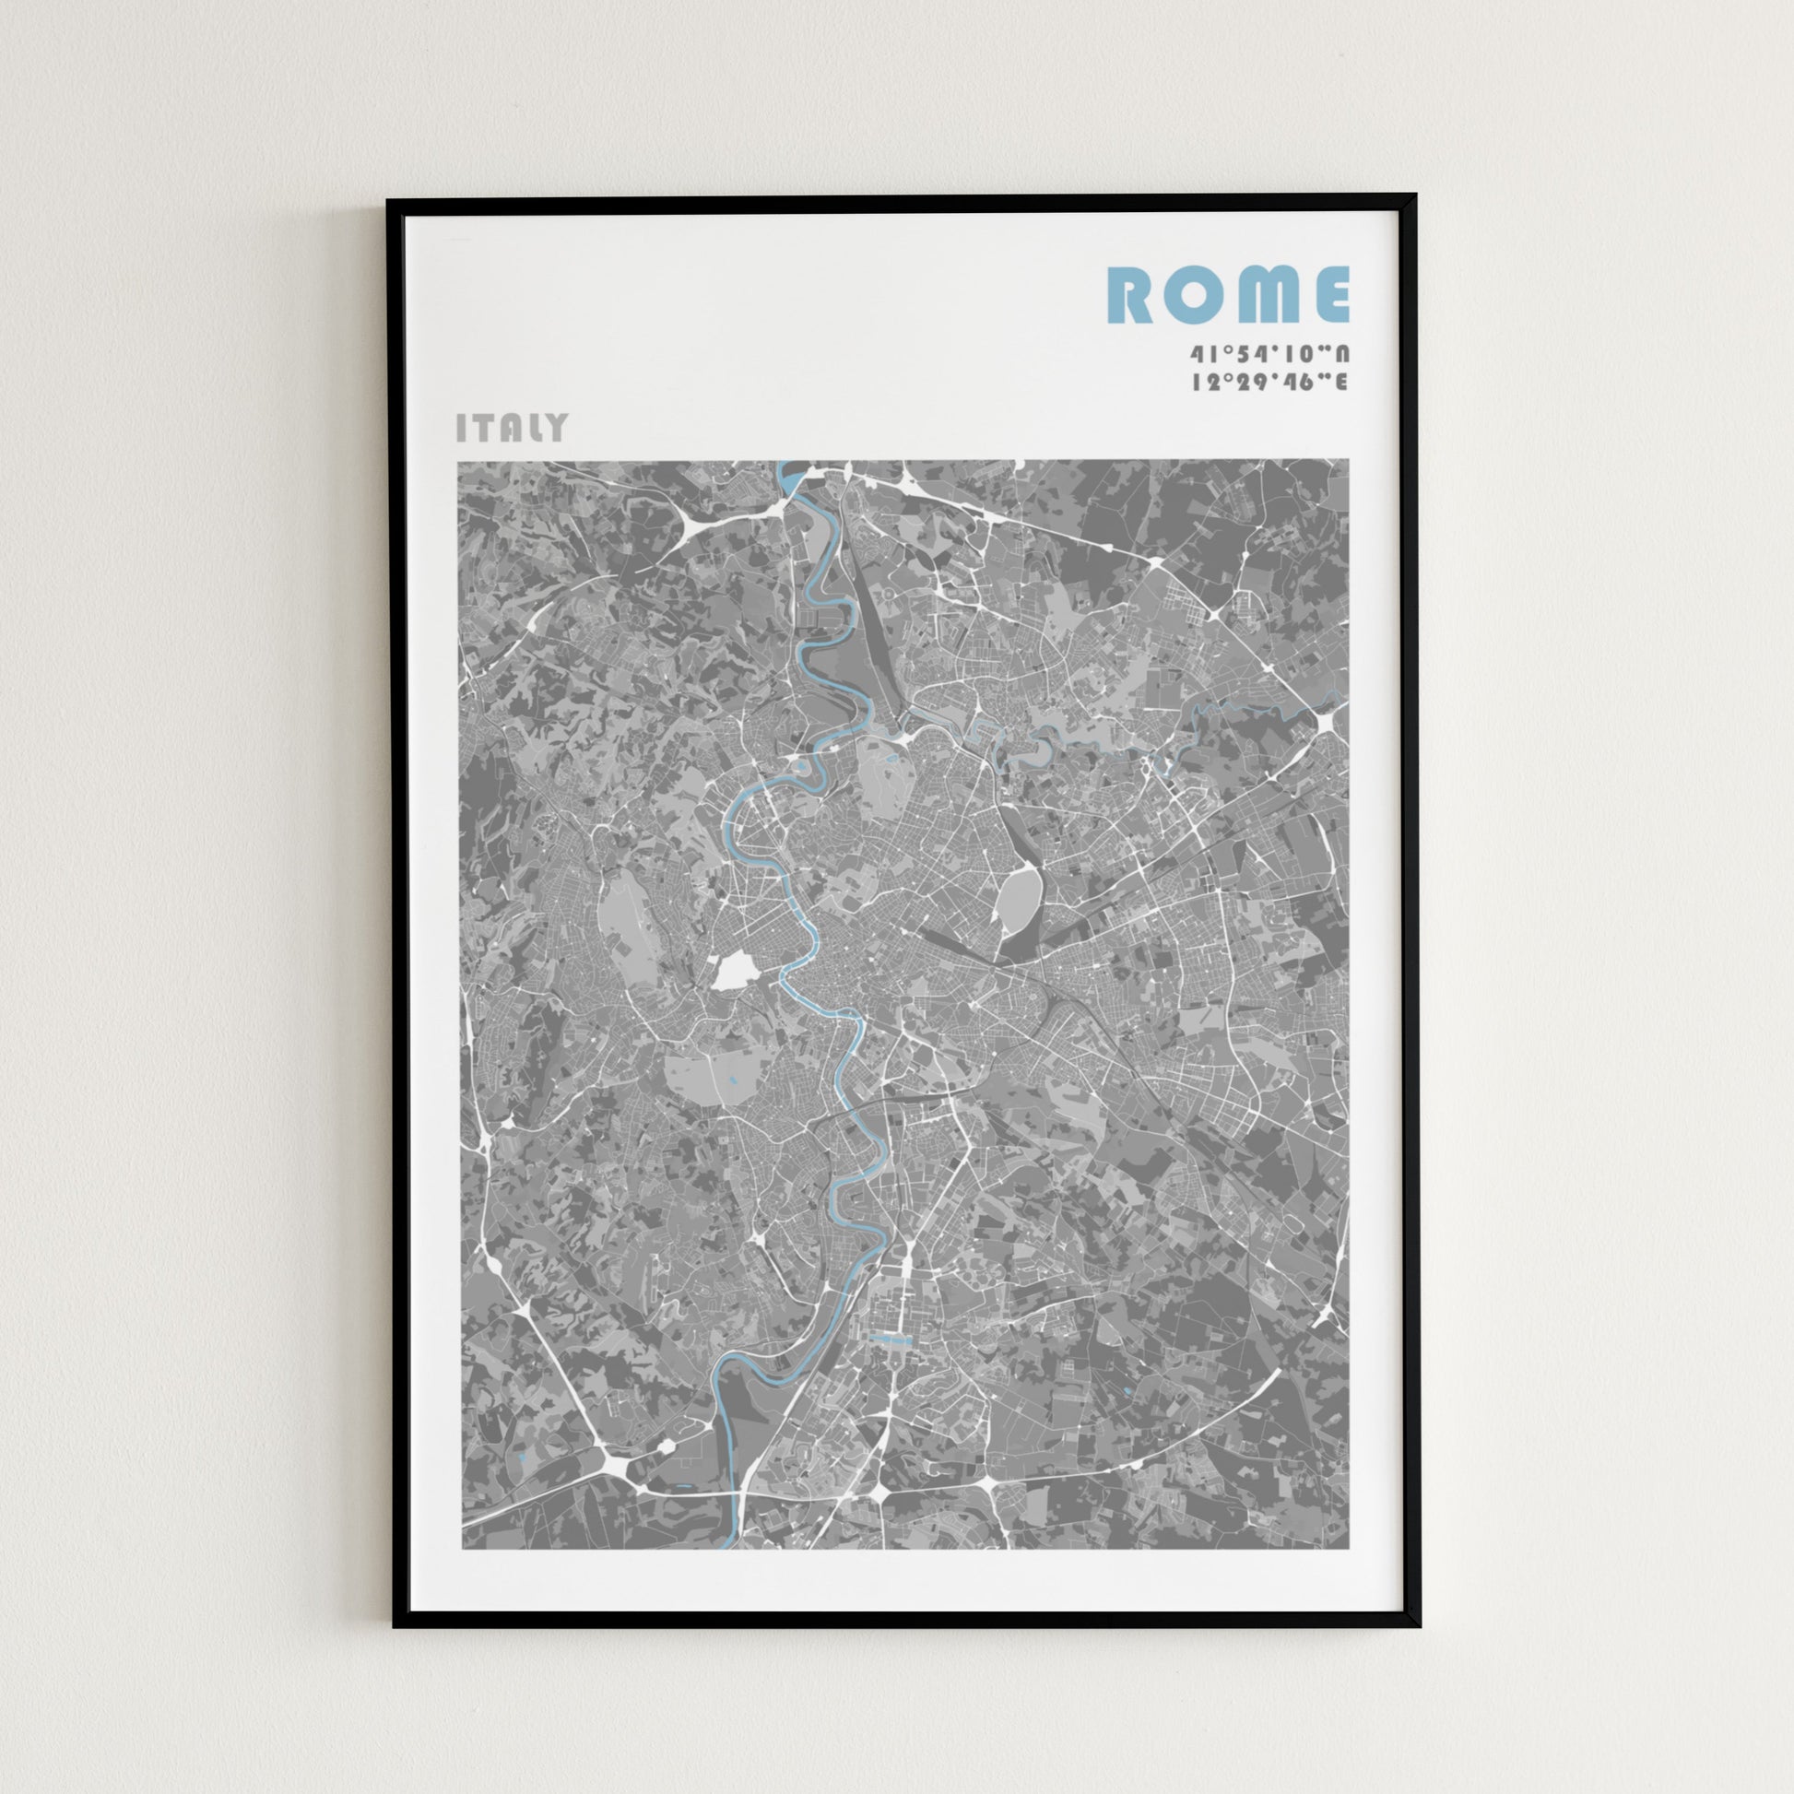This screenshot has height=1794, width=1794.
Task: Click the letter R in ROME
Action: click(1131, 294)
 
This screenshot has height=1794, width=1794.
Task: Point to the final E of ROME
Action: click(1330, 294)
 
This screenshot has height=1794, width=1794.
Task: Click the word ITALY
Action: click(512, 427)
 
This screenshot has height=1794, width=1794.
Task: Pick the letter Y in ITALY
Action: click(555, 427)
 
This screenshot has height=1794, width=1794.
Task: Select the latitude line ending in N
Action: click(1270, 355)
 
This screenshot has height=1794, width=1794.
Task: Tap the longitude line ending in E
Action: click(1270, 382)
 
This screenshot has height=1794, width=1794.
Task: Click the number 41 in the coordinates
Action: click(1204, 355)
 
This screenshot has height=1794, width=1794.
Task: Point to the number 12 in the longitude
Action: click(1204, 382)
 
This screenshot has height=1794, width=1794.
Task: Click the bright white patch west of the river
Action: click(736, 973)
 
